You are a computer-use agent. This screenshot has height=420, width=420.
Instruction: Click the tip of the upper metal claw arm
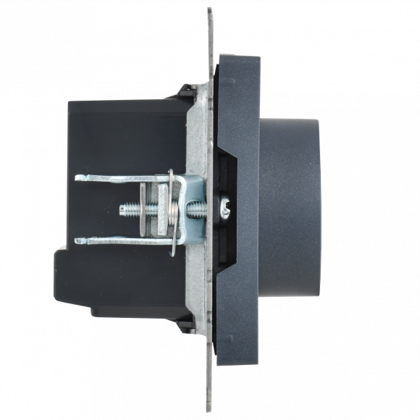coord(77,177)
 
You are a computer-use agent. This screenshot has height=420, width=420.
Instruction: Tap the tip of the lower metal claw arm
coord(77,240)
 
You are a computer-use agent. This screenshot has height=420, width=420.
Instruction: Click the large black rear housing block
coord(123,138)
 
